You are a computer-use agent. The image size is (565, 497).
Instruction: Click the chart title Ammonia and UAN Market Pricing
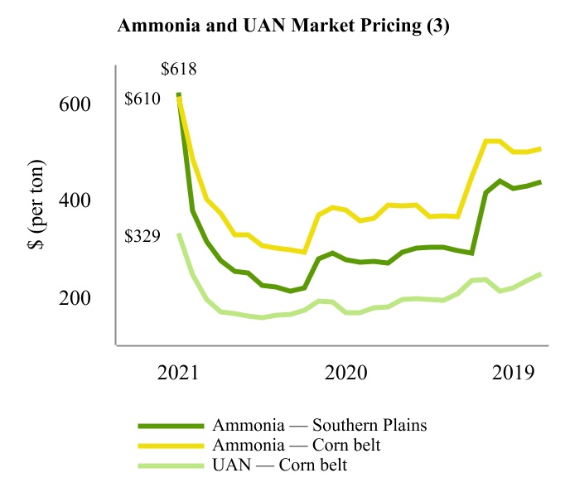(x=283, y=25)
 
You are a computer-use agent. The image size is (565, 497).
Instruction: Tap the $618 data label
(x=179, y=69)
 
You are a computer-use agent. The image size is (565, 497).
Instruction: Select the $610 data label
(x=142, y=99)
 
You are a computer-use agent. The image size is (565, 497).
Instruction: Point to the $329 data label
(x=142, y=236)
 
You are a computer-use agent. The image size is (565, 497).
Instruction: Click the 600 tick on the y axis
(x=75, y=104)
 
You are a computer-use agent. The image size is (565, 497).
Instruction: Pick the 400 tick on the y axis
(x=75, y=200)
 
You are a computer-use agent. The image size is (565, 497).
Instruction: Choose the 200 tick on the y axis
(x=75, y=297)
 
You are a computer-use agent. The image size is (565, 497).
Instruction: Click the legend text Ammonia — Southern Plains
(x=320, y=425)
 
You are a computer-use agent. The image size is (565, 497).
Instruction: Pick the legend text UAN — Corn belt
(x=279, y=465)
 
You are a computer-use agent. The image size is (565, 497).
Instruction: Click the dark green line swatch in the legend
(x=171, y=426)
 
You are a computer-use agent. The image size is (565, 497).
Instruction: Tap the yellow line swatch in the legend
(x=171, y=446)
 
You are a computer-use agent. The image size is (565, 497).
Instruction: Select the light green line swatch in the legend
(x=171, y=466)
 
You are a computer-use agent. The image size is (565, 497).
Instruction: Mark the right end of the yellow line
(x=541, y=149)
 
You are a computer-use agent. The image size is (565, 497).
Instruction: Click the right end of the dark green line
(x=541, y=182)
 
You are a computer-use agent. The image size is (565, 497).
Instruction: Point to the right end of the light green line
(x=541, y=273)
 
